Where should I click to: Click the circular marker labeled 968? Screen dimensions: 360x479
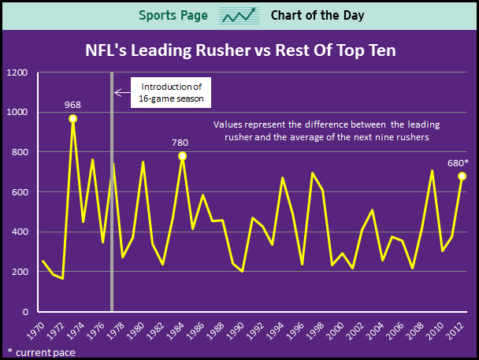tap(72, 119)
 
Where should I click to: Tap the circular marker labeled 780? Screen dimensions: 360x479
tap(182, 156)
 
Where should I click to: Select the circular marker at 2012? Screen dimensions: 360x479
tap(462, 176)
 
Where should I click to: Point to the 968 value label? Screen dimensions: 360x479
tap(72, 103)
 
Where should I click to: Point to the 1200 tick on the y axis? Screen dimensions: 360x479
tap(17, 73)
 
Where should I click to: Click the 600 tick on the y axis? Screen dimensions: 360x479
tap(19, 192)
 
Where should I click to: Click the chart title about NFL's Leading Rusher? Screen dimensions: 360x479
tap(239, 51)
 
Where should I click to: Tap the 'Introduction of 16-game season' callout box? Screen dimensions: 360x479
tap(171, 93)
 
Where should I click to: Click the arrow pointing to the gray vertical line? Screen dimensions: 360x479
tap(121, 93)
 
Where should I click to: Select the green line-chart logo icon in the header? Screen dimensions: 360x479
tap(239, 15)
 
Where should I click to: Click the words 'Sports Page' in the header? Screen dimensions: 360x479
tap(173, 15)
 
